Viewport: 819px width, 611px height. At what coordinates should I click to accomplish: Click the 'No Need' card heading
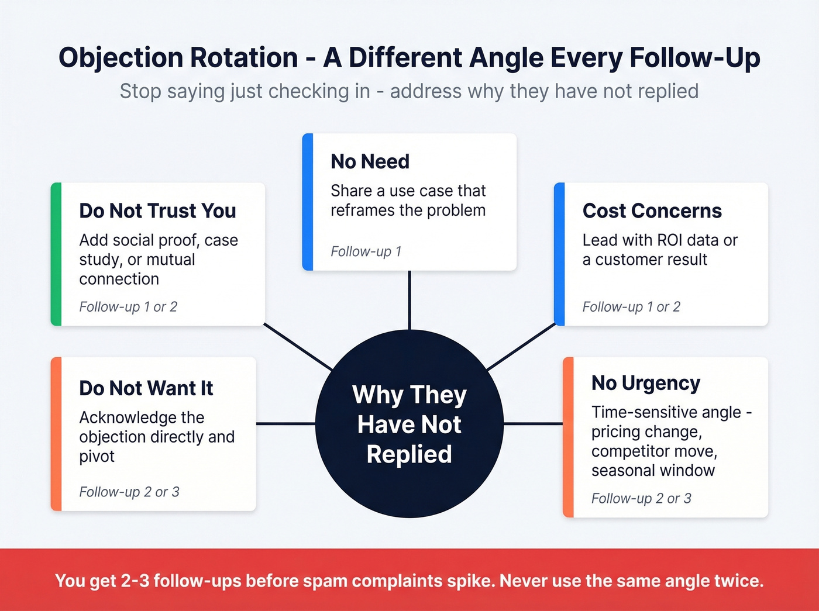pyautogui.click(x=370, y=161)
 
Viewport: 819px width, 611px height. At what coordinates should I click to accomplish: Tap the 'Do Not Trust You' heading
pyautogui.click(x=157, y=210)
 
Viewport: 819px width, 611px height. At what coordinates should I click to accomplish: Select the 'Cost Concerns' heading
pyautogui.click(x=652, y=210)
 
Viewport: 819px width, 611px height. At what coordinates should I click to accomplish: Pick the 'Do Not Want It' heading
pyautogui.click(x=146, y=388)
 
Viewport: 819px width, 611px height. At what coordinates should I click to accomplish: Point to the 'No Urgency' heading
pyautogui.click(x=645, y=383)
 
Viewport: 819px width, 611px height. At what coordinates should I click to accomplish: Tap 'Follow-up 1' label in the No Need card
pyautogui.click(x=366, y=251)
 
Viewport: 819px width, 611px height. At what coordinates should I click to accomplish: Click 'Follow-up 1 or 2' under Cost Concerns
pyautogui.click(x=631, y=307)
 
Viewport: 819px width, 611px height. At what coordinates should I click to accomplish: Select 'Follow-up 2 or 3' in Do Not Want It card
pyautogui.click(x=129, y=492)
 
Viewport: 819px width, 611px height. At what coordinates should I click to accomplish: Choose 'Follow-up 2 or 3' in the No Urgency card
pyautogui.click(x=641, y=498)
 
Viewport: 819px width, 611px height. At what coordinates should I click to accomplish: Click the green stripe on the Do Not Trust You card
pyautogui.click(x=56, y=254)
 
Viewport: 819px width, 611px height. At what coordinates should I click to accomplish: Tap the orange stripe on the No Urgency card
pyautogui.click(x=568, y=437)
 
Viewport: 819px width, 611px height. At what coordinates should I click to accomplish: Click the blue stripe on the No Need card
pyautogui.click(x=308, y=202)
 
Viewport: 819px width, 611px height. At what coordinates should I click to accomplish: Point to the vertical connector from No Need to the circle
pyautogui.click(x=409, y=300)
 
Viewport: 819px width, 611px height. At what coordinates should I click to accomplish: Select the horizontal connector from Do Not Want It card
pyautogui.click(x=285, y=423)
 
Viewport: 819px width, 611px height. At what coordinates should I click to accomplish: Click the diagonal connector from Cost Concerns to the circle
pyautogui.click(x=521, y=347)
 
